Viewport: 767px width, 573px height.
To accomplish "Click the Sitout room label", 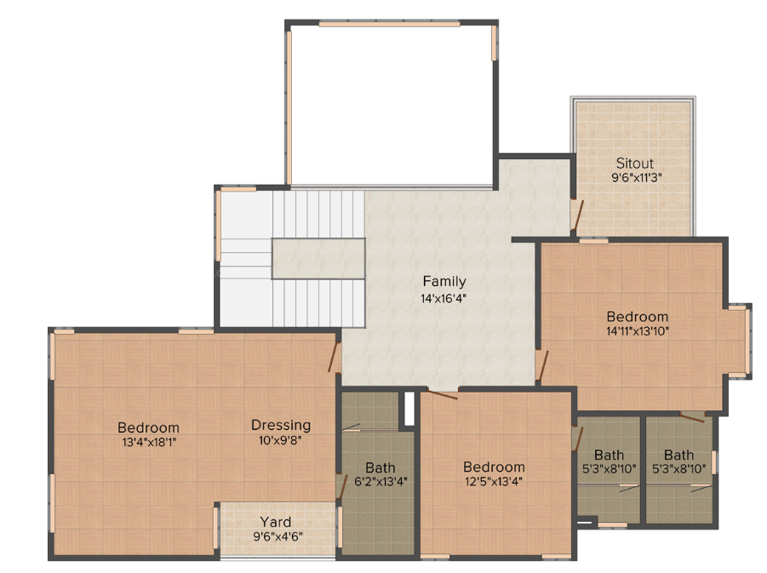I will [x=635, y=163].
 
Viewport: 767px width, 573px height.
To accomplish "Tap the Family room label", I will [x=444, y=282].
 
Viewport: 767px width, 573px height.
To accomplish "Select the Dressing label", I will [x=281, y=425].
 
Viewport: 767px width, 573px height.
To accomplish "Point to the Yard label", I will [x=275, y=522].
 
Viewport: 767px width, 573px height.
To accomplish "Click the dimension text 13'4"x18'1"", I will [x=148, y=442].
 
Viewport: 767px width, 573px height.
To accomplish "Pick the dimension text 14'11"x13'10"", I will [x=638, y=331].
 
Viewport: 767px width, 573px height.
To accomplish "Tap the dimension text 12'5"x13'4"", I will [x=494, y=481].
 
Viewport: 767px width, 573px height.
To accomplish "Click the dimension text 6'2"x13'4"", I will [x=381, y=482].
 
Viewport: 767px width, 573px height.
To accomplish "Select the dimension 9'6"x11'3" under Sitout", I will [x=635, y=178].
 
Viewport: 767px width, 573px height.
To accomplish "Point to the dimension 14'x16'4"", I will [x=444, y=298].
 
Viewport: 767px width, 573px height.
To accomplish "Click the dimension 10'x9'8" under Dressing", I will [x=281, y=440].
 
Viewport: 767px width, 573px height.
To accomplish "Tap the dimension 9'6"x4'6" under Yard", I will [x=278, y=536].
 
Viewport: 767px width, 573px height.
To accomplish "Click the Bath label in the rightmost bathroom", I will [x=678, y=455].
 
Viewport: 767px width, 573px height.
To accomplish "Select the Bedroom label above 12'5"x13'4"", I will [x=494, y=467].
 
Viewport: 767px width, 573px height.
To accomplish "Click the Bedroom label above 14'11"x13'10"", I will [x=638, y=317].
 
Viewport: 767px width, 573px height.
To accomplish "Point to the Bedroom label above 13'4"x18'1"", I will [x=148, y=427].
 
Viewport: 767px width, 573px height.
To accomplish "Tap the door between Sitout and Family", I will [x=576, y=216].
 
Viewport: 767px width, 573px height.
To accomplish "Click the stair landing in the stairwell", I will [x=318, y=258].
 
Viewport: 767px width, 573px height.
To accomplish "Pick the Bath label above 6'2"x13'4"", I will [x=381, y=467].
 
